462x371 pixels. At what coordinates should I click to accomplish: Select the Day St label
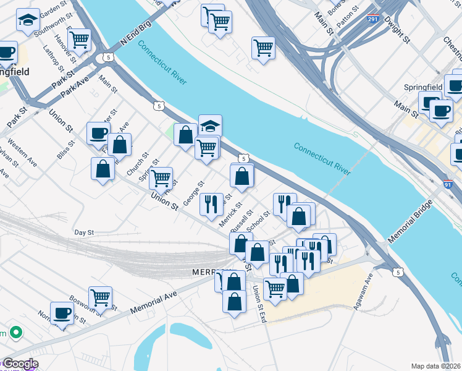coord(83,232)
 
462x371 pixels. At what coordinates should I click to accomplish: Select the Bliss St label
coord(65,149)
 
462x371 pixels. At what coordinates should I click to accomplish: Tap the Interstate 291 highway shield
coord(373,19)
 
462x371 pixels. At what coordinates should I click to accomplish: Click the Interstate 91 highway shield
coord(448,184)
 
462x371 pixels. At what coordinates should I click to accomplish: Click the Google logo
coord(20,364)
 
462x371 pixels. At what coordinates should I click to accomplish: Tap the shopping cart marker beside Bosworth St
coord(100,298)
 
